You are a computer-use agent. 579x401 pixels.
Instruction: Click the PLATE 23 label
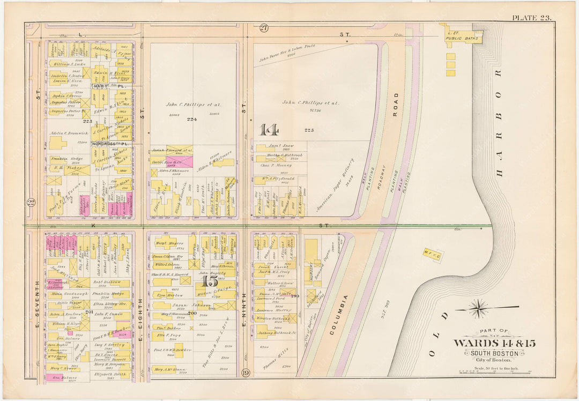(x=531, y=18)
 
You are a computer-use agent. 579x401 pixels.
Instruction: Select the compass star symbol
(x=479, y=309)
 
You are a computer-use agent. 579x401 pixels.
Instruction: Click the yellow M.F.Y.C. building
(x=432, y=255)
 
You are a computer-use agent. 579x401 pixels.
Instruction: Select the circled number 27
(x=263, y=28)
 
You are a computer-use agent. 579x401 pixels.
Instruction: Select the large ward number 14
(x=269, y=129)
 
